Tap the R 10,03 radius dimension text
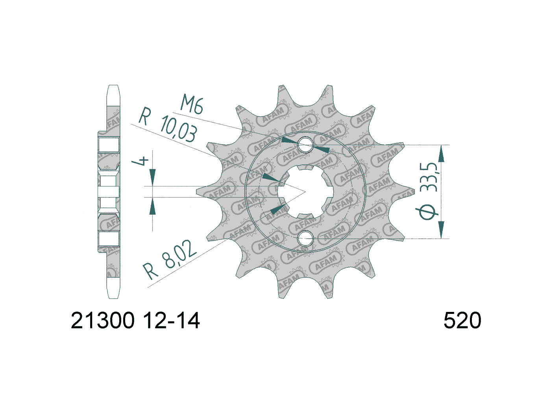pyautogui.click(x=168, y=125)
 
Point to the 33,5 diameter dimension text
pyautogui.click(x=431, y=177)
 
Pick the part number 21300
pyautogui.click(x=103, y=321)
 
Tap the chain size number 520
pyautogui.click(x=462, y=321)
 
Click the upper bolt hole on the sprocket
pyautogui.click(x=305, y=145)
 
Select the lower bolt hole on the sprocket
pyautogui.click(x=305, y=238)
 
